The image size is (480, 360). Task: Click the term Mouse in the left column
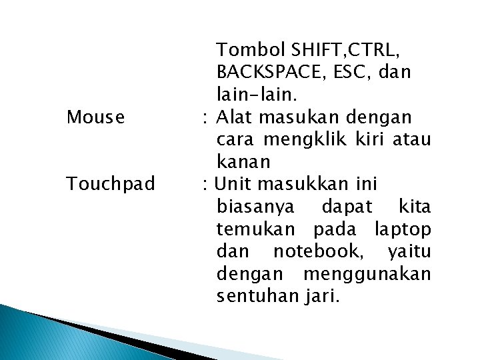click(95, 118)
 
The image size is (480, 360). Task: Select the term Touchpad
click(110, 183)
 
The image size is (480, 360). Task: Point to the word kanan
click(243, 162)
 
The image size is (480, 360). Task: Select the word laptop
click(403, 230)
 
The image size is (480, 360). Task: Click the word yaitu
click(409, 252)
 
